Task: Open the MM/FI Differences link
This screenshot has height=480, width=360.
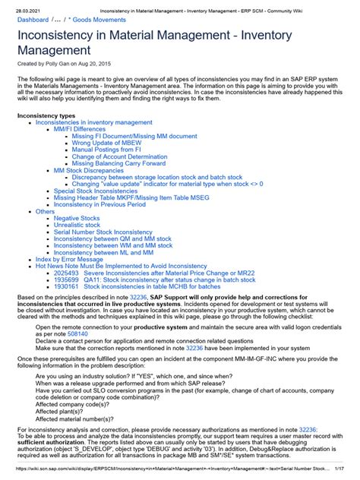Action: pos(80,129)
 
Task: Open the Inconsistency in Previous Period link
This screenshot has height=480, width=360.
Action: pos(99,204)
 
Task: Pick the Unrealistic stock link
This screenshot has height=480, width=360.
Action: pos(77,225)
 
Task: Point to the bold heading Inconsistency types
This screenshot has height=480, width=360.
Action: pos(46,115)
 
